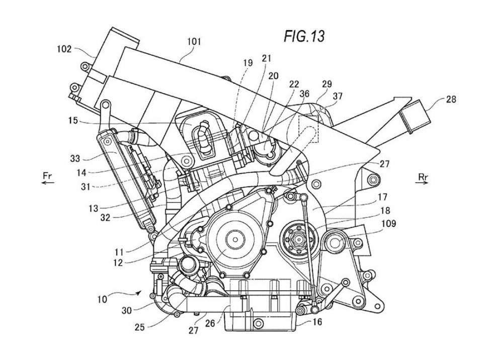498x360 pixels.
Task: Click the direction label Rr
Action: point(423,176)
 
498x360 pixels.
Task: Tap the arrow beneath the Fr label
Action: point(48,184)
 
